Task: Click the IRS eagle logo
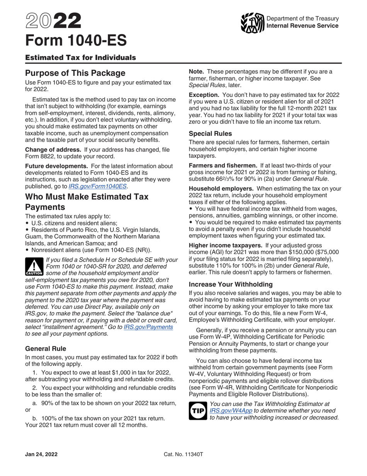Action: click(x=252, y=23)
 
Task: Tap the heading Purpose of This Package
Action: click(x=75, y=73)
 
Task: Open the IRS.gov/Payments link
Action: click(x=148, y=327)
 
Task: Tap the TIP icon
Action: click(x=198, y=411)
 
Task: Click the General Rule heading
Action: click(x=46, y=348)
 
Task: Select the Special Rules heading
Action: click(x=210, y=134)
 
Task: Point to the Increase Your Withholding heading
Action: click(x=231, y=284)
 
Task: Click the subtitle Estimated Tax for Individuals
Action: click(x=80, y=58)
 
